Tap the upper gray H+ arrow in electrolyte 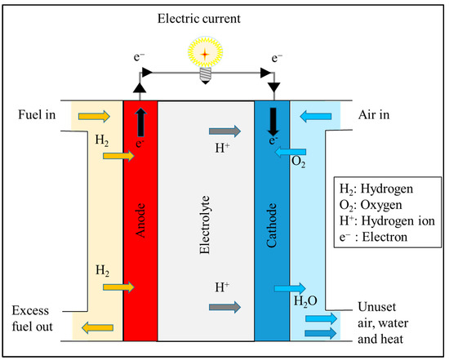point(225,131)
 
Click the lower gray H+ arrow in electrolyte point(225,307)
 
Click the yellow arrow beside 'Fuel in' point(91,118)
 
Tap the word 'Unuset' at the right point(377,307)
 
